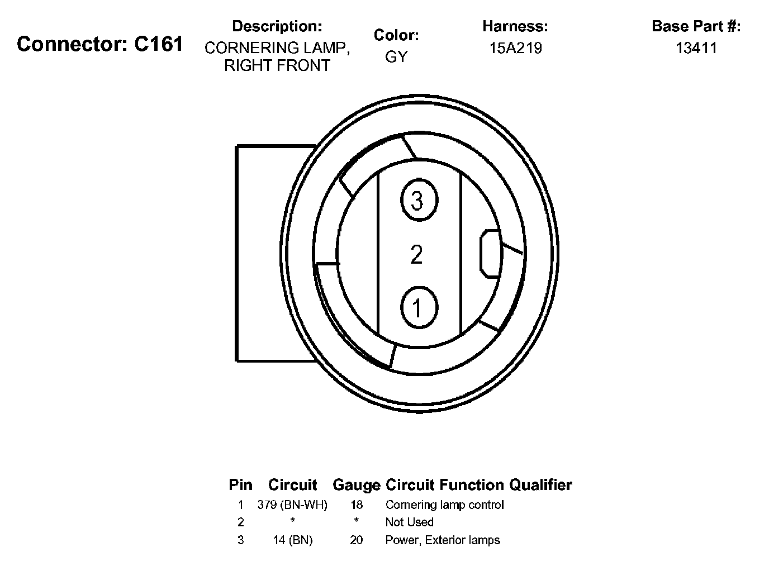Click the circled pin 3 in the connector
[x=417, y=200]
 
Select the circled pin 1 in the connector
[x=417, y=307]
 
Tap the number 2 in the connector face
[x=416, y=255]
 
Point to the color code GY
[x=396, y=56]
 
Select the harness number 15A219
[x=515, y=48]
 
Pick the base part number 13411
[x=696, y=48]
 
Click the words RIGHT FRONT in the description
[x=277, y=65]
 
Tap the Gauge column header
[x=356, y=485]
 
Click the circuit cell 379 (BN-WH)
[x=292, y=505]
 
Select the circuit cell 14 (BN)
[x=292, y=540]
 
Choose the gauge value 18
[x=357, y=505]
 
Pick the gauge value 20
[x=357, y=540]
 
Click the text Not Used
[x=409, y=522]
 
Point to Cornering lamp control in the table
[x=444, y=505]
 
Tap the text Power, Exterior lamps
[x=443, y=540]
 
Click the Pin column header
[x=240, y=485]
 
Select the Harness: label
[x=515, y=26]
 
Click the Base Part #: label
[x=696, y=26]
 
